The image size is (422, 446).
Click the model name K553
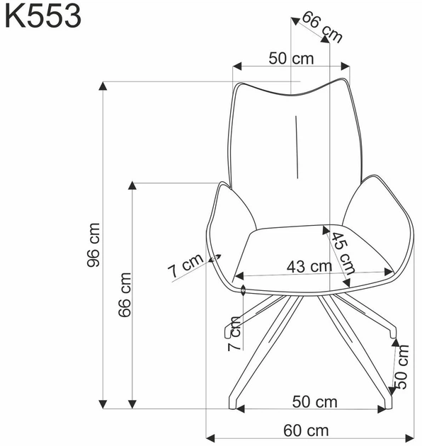point(43,16)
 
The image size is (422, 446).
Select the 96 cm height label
point(93,245)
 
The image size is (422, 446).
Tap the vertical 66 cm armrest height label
point(125,295)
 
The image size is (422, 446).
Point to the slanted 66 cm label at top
point(322,27)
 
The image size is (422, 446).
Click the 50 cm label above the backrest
point(291,59)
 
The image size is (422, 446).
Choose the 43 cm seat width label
point(309,267)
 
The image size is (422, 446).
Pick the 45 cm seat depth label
point(343,253)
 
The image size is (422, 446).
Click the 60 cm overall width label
point(306,430)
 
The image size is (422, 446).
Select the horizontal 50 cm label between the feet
point(314,402)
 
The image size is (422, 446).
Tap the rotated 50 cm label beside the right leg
point(402,367)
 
